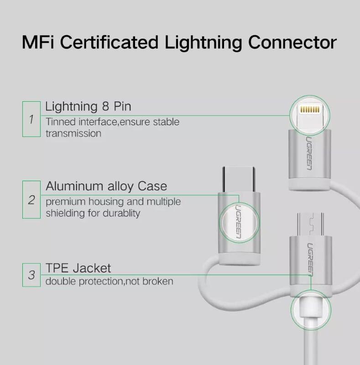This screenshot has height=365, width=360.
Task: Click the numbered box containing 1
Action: tap(31, 119)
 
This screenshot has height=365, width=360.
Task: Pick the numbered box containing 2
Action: tap(31, 199)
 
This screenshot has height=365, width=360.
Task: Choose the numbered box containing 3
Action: tap(31, 275)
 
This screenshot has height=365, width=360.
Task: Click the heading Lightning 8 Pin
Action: tap(88, 107)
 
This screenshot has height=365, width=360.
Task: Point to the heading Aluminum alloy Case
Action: tap(106, 187)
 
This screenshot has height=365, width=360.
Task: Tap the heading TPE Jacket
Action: tap(78, 267)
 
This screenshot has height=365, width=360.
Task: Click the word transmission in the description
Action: tap(73, 133)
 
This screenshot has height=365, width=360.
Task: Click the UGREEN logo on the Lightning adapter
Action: tap(309, 153)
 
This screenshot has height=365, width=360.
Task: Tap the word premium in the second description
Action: tap(63, 201)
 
